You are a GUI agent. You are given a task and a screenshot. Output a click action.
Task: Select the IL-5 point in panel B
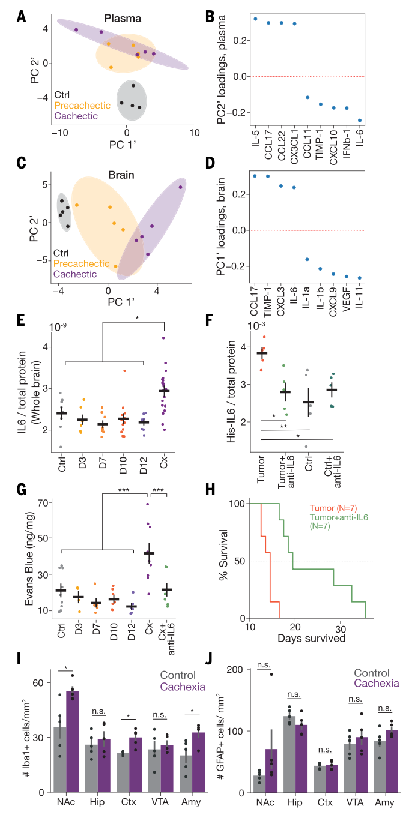click(255, 19)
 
